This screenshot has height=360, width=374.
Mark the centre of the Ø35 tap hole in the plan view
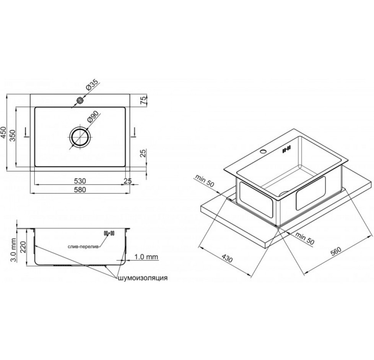coord(80,101)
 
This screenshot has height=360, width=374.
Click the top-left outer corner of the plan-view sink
coord(31,94)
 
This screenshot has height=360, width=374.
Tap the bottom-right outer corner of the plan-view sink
coord(130,171)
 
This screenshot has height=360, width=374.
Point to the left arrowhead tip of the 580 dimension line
coord(31,193)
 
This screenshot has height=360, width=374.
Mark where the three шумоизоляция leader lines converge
coord(116,277)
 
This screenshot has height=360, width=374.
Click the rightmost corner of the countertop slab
coord(371,182)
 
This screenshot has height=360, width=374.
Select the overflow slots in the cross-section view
coord(109,233)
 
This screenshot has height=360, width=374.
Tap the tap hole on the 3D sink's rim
coord(263,151)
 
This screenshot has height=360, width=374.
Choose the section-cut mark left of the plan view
coord(26,133)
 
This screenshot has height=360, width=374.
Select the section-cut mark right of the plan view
coord(134,133)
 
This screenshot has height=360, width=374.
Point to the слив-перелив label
coord(83,247)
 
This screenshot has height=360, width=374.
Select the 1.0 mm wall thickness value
coord(146,256)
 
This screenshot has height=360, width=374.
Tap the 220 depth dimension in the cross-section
coord(23,248)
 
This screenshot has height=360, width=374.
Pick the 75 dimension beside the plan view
coord(143,100)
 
